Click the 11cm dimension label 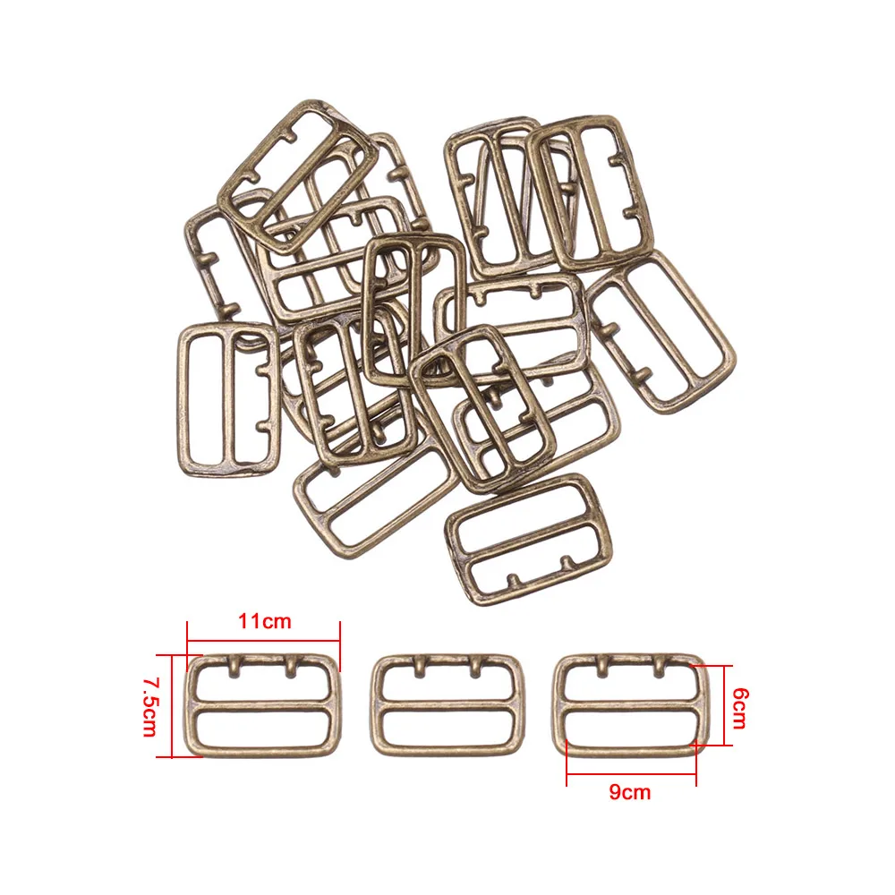pyautogui.click(x=265, y=621)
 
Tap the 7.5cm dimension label pyautogui.click(x=151, y=707)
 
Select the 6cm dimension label pyautogui.click(x=740, y=708)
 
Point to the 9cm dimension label pyautogui.click(x=629, y=792)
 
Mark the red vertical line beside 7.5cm pyautogui.click(x=172, y=707)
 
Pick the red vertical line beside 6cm pyautogui.click(x=725, y=705)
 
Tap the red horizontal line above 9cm pyautogui.click(x=631, y=774)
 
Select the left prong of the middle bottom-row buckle pyautogui.click(x=421, y=667)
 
